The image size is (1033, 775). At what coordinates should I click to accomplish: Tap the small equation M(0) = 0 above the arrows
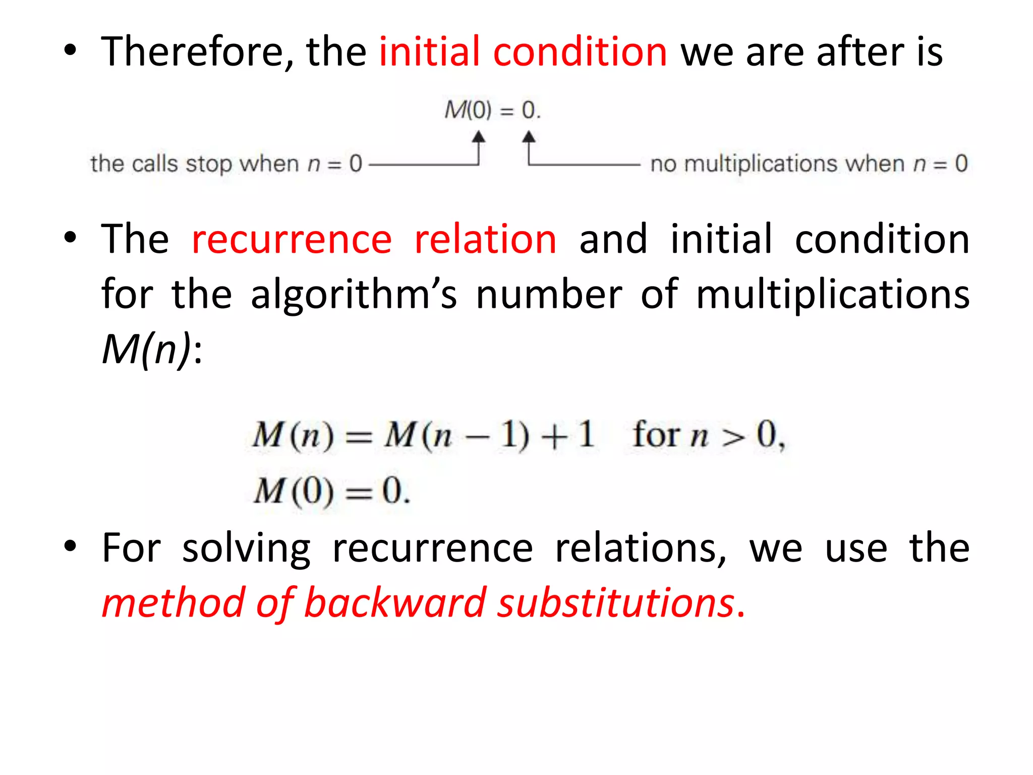coord(492,110)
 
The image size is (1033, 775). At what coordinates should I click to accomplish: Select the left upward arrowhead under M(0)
coord(478,137)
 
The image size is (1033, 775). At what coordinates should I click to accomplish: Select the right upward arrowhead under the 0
coord(528,137)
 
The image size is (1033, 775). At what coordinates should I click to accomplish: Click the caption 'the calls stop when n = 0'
coord(226,164)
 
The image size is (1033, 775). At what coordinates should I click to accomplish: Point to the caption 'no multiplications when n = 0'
coord(809,164)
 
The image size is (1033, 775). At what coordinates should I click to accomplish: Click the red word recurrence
coord(292,239)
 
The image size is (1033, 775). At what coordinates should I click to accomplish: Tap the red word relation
coord(485,239)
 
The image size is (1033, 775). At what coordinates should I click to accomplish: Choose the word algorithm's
coord(354,294)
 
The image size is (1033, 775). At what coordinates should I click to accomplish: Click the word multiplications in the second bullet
coord(832,294)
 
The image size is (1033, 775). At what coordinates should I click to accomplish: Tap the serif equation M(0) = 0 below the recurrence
coord(331,491)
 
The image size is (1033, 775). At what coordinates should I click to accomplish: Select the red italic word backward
coord(395,603)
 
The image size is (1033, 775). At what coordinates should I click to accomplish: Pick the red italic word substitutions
coord(615,603)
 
